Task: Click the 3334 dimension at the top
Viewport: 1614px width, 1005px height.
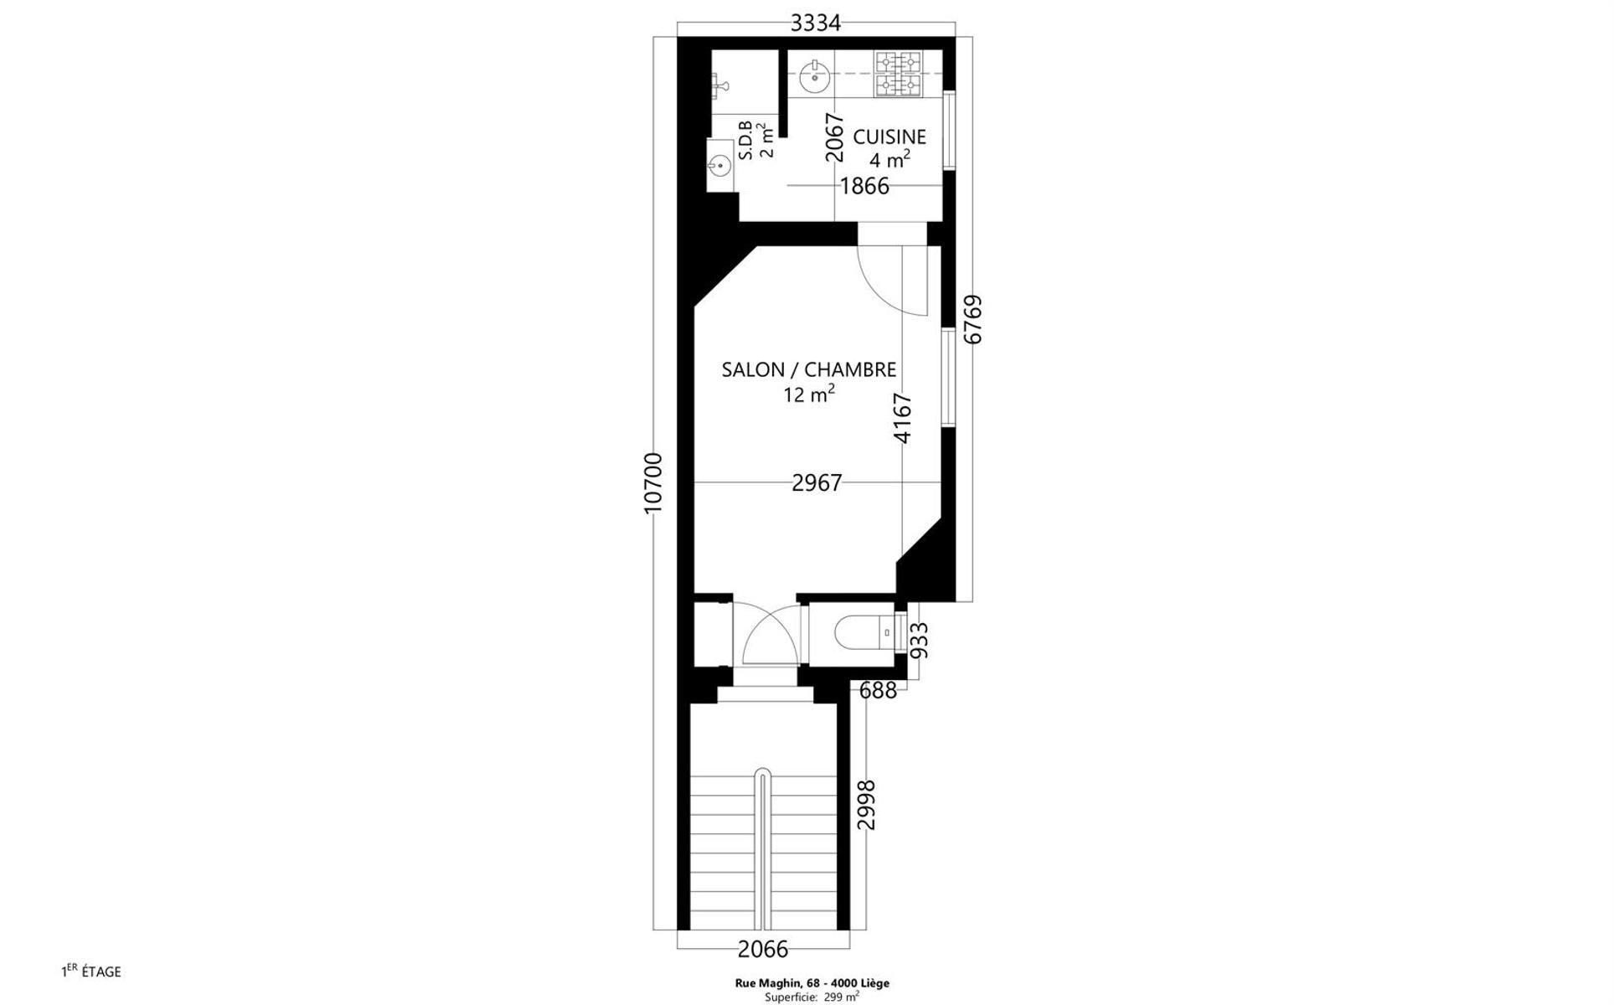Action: pyautogui.click(x=815, y=23)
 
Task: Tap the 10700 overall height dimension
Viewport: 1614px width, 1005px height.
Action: pyautogui.click(x=653, y=482)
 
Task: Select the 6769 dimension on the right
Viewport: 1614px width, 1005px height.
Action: pyautogui.click(x=972, y=319)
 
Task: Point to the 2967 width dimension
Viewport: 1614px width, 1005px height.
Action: pyautogui.click(x=817, y=482)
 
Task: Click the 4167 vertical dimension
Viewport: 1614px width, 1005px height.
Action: pyautogui.click(x=902, y=418)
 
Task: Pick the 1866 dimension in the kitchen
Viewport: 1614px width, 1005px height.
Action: pyautogui.click(x=864, y=186)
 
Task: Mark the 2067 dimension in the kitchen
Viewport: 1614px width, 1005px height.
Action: pyautogui.click(x=834, y=137)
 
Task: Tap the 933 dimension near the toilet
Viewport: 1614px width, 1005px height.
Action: pyautogui.click(x=919, y=640)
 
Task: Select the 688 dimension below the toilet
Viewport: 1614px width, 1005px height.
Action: pyautogui.click(x=879, y=690)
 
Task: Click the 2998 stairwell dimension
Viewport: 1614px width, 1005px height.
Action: pyautogui.click(x=866, y=804)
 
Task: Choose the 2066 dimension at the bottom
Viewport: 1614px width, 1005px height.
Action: pyautogui.click(x=763, y=949)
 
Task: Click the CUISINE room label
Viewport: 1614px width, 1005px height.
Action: pyautogui.click(x=890, y=137)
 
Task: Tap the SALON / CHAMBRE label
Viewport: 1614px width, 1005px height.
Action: pyautogui.click(x=809, y=369)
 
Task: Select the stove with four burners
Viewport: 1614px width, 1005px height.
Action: pyautogui.click(x=898, y=74)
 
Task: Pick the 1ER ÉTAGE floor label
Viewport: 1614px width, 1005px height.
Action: pyautogui.click(x=91, y=971)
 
